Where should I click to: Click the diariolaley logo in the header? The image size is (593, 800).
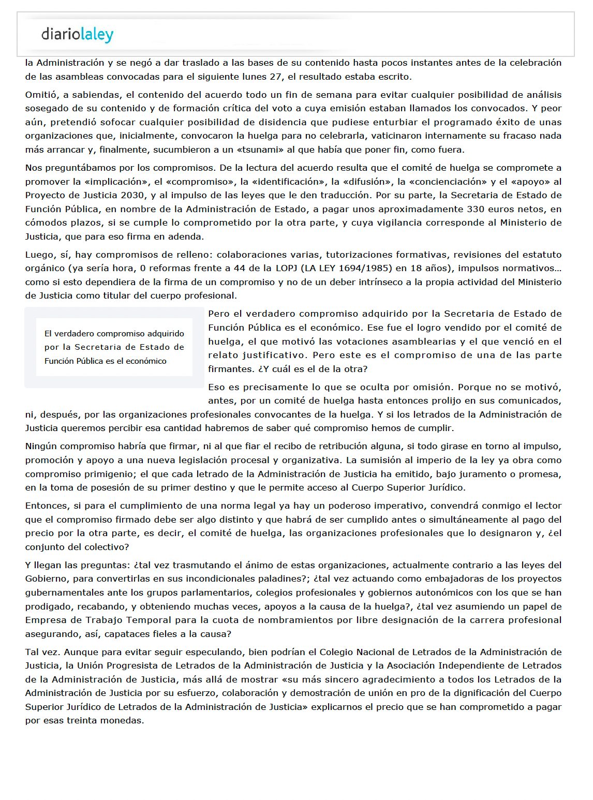click(77, 35)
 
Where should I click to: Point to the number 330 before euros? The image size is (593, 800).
click(475, 209)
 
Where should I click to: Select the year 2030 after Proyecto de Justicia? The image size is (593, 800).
click(133, 195)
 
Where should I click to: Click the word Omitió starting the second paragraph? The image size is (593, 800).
click(41, 95)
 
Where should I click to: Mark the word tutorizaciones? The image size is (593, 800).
click(358, 255)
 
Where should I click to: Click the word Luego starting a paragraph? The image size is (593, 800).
click(39, 255)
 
